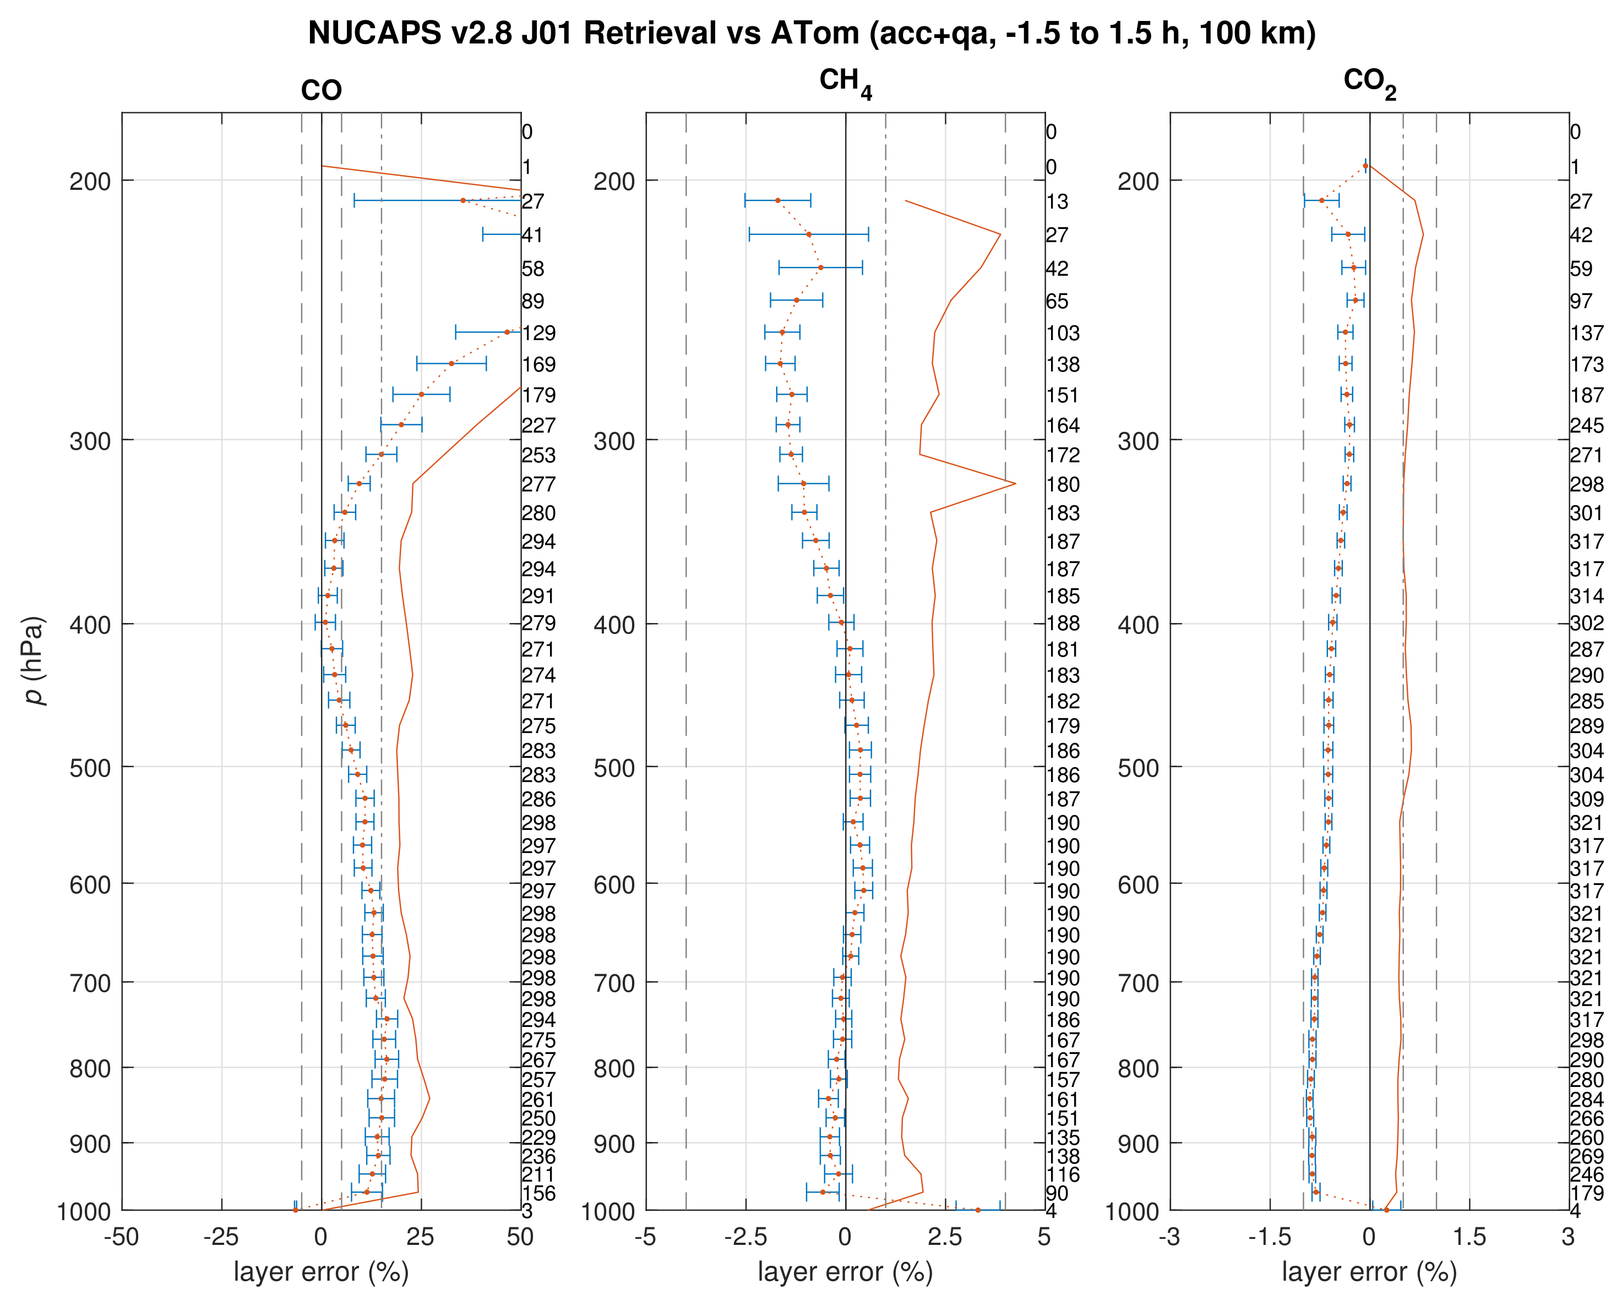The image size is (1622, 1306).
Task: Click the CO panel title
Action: coord(322,91)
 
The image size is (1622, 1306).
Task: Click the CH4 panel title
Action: coord(845,82)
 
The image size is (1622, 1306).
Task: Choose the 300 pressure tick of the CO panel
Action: coord(90,440)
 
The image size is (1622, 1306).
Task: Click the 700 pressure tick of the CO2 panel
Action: coord(1138,982)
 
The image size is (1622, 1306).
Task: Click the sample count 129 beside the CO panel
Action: coord(539,332)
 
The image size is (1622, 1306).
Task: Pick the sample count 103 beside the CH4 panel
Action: coord(1063,332)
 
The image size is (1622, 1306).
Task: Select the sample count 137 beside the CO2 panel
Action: coord(1587,332)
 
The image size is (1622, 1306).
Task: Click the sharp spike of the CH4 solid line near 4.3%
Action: coord(1015,483)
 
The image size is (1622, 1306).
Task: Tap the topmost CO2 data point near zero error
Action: coord(1365,166)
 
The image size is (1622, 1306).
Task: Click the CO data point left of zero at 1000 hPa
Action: coord(295,1210)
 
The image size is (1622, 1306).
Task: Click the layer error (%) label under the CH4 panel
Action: coord(845,1272)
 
